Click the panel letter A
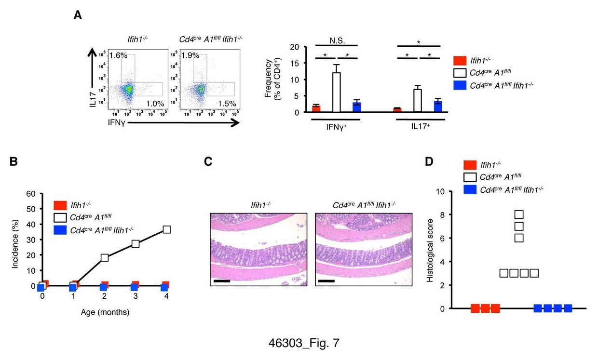click(77, 16)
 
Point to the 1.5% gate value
click(226, 103)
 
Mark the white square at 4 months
click(167, 229)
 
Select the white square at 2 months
click(105, 257)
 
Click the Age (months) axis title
click(105, 311)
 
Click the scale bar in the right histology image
click(326, 280)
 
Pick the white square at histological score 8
click(518, 214)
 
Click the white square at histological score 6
click(518, 238)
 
